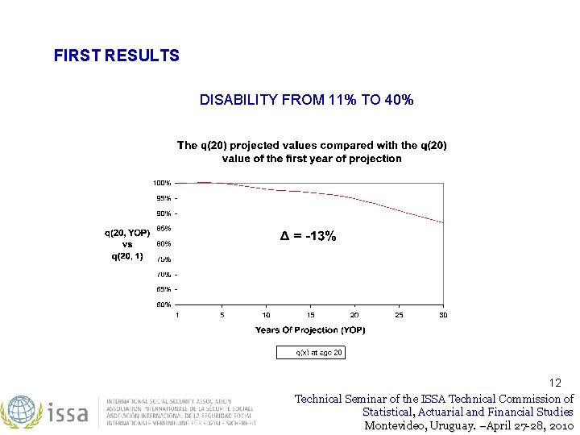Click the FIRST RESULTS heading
click(x=116, y=56)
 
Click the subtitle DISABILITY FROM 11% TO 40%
click(x=307, y=100)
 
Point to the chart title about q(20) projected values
click(x=312, y=151)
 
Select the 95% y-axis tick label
click(x=163, y=198)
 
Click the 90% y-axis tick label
click(x=163, y=213)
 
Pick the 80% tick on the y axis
click(x=163, y=244)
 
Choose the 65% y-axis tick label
click(x=163, y=289)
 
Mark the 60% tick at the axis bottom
click(x=163, y=304)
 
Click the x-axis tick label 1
click(x=178, y=315)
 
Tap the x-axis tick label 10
click(x=266, y=315)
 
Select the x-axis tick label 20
click(x=354, y=315)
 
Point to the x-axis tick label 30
click(x=443, y=315)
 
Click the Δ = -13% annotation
click(x=308, y=236)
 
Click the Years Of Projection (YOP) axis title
click(x=310, y=330)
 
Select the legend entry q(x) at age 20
click(x=311, y=352)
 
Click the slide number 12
click(x=555, y=383)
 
